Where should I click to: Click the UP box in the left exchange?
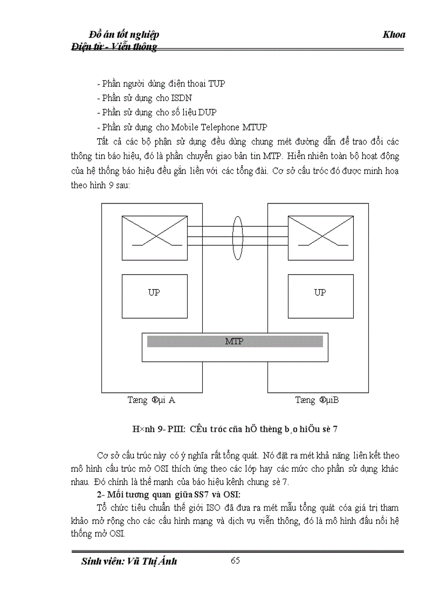[154, 296]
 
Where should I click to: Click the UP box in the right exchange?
[320, 296]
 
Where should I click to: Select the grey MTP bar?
[235, 342]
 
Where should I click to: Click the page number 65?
[235, 560]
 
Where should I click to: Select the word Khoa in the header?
[394, 35]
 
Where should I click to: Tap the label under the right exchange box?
[317, 400]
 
